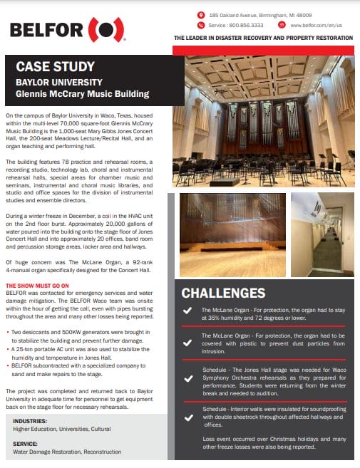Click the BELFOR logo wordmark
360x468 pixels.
pos(44,30)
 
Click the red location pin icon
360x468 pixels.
pos(202,14)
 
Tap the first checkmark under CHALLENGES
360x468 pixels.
pos(187,311)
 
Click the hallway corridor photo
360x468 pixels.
pos(322,232)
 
